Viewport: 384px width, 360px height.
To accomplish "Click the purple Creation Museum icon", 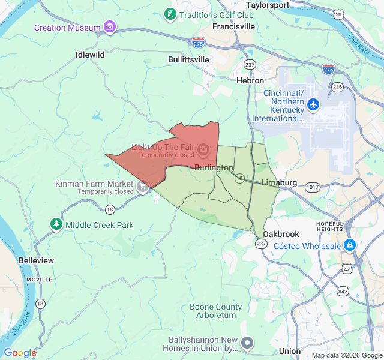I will (x=109, y=27).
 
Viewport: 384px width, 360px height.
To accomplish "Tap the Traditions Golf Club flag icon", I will (x=170, y=14).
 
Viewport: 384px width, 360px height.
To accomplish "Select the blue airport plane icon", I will (x=313, y=104).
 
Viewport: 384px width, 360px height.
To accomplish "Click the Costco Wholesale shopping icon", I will (x=350, y=245).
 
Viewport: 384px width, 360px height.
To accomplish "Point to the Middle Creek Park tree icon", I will (x=56, y=224).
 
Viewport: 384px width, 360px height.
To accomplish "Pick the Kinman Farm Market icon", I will (x=142, y=187).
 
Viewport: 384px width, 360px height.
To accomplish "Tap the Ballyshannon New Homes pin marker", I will (x=248, y=343).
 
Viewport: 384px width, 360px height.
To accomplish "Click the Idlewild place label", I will (x=90, y=55).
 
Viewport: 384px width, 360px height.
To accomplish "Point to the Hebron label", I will (x=250, y=80).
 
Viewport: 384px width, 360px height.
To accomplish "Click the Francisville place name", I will (x=233, y=27).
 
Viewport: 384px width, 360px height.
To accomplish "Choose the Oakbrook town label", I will (x=280, y=234).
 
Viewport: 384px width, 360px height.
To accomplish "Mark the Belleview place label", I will (x=36, y=260).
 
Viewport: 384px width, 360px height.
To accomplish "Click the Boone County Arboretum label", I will (x=216, y=311).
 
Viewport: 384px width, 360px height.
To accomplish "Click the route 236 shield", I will (x=338, y=87).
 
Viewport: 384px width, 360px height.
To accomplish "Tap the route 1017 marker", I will (x=312, y=187).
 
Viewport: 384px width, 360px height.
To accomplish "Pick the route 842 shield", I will (x=343, y=291).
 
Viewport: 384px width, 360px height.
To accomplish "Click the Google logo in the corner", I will (x=20, y=353).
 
